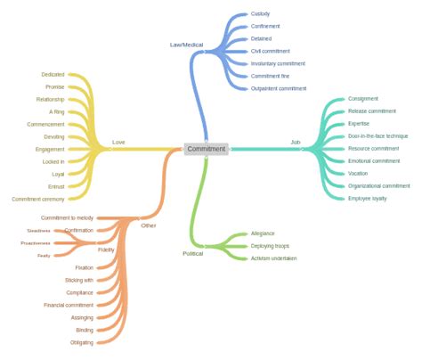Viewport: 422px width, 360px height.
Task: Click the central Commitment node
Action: pyautogui.click(x=206, y=149)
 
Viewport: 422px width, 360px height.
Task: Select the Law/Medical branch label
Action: pyautogui.click(x=186, y=44)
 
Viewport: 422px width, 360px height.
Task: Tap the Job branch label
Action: pyautogui.click(x=296, y=143)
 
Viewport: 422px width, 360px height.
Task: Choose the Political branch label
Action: pyautogui.click(x=194, y=253)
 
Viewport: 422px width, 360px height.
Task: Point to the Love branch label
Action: pyautogui.click(x=118, y=143)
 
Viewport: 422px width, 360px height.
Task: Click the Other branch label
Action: pyautogui.click(x=148, y=225)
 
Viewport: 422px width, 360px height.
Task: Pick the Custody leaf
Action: pyautogui.click(x=261, y=14)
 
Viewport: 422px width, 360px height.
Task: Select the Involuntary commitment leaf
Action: pyautogui.click(x=278, y=63)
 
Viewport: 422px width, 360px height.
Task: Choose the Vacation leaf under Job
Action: pyautogui.click(x=358, y=173)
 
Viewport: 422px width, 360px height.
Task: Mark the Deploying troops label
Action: pyautogui.click(x=272, y=246)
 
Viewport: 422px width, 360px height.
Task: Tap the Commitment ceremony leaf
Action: pyautogui.click(x=38, y=199)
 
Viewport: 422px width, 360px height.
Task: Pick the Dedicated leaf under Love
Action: pyautogui.click(x=53, y=74)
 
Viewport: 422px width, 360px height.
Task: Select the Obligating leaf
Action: pyautogui.click(x=81, y=342)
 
